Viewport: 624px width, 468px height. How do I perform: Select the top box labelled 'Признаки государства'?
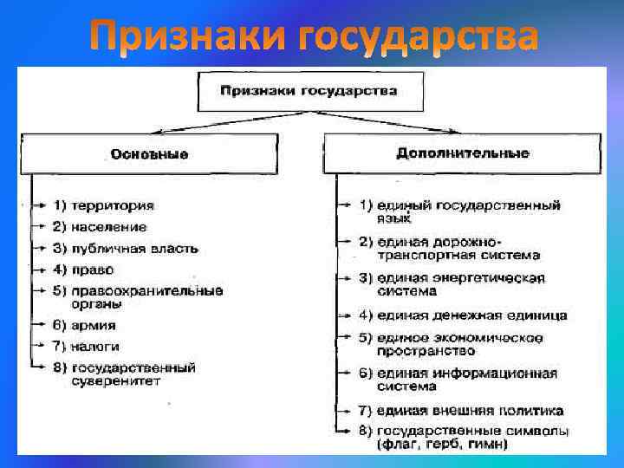(309, 91)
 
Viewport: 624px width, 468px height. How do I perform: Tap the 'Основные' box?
(149, 153)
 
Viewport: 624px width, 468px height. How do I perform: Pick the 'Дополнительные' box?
(462, 153)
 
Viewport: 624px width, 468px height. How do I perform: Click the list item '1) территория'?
(103, 205)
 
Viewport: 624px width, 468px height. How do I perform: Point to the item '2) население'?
(100, 226)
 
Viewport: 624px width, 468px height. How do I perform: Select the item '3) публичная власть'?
(125, 248)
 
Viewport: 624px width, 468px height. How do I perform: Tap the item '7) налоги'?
(87, 346)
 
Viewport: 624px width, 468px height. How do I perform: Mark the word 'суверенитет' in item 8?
(111, 380)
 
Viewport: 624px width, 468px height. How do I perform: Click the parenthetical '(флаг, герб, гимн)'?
(442, 445)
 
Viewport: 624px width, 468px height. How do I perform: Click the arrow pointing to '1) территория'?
(39, 205)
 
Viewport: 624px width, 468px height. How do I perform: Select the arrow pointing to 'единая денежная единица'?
(347, 315)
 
